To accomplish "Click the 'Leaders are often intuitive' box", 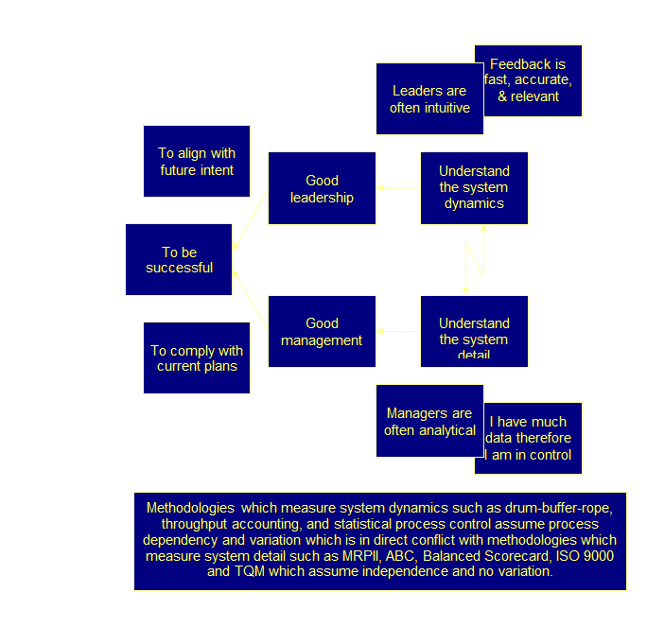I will [x=429, y=98].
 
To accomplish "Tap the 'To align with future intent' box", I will [x=197, y=161].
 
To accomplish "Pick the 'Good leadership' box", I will [x=322, y=188].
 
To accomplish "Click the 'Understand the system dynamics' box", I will [x=474, y=187].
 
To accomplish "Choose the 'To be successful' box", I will [x=179, y=259].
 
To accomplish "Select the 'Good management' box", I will [x=322, y=331].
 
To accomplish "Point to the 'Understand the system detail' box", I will [x=474, y=331].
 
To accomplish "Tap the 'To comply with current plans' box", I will [x=197, y=358].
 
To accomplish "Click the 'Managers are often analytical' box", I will [x=429, y=422].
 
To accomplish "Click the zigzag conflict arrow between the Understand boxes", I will [x=474, y=260].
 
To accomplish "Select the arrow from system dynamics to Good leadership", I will [x=397, y=188].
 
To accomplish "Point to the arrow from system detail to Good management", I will [x=397, y=331].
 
